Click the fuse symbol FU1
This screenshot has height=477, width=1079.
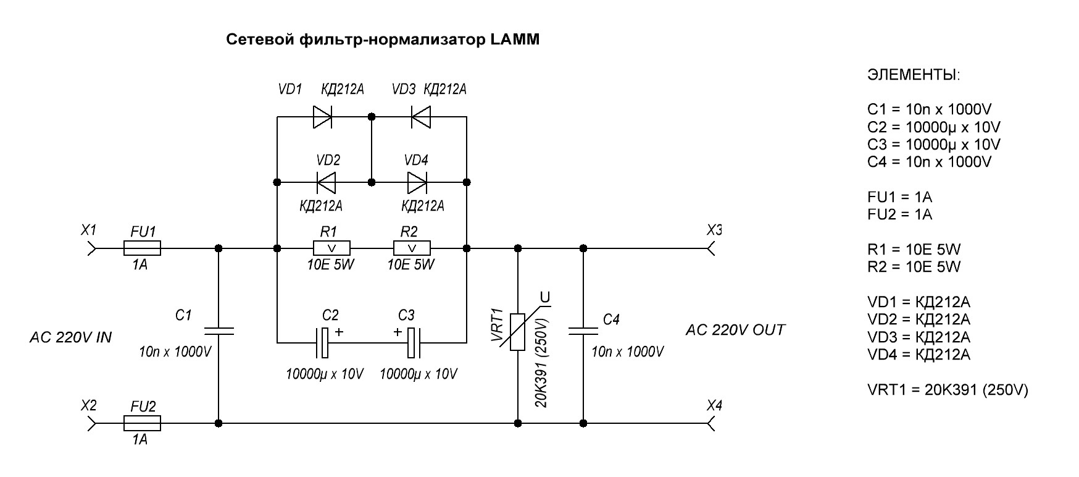(143, 248)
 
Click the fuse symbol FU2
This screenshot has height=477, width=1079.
(143, 423)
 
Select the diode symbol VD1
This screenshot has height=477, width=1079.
(323, 116)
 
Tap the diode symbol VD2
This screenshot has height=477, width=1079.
(326, 182)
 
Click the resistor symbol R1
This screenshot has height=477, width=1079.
(331, 248)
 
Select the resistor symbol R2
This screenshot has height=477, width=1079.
(412, 248)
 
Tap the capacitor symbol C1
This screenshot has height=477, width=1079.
(219, 331)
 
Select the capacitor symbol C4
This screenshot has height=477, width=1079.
(583, 331)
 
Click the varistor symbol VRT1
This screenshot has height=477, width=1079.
(517, 332)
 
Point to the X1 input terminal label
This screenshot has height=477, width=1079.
(89, 230)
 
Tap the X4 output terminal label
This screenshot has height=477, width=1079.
(714, 406)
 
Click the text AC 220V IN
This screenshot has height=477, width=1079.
(70, 338)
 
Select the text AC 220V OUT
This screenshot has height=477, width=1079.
(735, 330)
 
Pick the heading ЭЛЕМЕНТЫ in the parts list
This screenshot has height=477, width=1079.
(914, 75)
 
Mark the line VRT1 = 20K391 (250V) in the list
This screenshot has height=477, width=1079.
(948, 390)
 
